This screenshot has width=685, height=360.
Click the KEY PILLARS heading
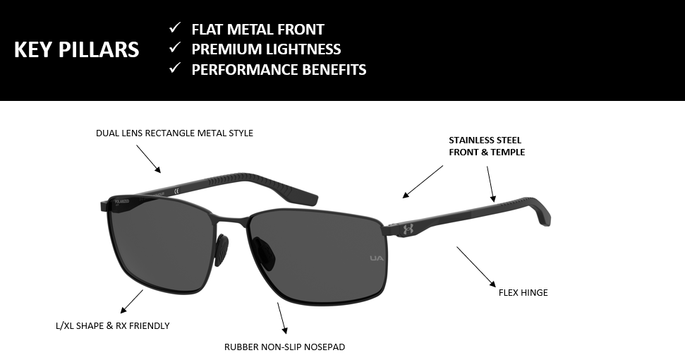76,49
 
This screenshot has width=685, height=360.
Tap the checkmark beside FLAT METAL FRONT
175,28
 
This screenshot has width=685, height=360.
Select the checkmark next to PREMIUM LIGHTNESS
175,47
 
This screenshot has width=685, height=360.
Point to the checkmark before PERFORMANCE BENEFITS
175,68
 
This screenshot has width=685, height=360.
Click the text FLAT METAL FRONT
257,29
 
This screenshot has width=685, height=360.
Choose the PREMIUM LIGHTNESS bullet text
266,49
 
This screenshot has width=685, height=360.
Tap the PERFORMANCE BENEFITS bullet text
279,69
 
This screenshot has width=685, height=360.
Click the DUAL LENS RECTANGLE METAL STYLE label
174,133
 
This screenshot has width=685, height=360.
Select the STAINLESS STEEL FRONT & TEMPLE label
487,146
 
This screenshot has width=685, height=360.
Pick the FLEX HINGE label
523,293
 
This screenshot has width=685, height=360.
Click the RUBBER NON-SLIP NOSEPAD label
284,347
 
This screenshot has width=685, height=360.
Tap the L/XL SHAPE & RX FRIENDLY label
113,326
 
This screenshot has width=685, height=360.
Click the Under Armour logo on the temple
408,229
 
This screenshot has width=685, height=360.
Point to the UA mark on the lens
377,258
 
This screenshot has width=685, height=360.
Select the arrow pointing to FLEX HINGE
476,267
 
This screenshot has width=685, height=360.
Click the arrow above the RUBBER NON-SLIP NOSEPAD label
282,318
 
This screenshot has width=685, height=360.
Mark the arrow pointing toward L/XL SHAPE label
131,301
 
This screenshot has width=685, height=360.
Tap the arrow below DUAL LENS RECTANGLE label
149,159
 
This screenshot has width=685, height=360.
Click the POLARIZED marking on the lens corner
121,202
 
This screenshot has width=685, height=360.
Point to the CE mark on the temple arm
177,191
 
